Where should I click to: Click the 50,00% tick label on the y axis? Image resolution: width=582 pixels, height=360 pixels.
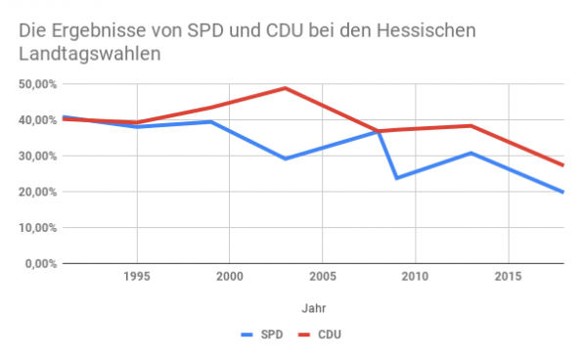(35, 84)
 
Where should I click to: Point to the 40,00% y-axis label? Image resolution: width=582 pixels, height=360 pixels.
(35, 120)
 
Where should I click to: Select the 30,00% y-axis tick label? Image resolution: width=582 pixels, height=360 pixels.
(35, 157)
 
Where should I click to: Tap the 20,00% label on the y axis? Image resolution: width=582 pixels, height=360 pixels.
(35, 192)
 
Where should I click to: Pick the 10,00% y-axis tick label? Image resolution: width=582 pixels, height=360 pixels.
(35, 228)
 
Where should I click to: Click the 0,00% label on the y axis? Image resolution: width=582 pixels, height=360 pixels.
(38, 263)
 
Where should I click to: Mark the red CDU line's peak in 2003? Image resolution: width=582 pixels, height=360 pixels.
(285, 88)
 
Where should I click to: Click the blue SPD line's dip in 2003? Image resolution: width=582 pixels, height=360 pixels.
(285, 158)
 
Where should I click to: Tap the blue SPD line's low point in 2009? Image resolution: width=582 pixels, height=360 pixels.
(396, 178)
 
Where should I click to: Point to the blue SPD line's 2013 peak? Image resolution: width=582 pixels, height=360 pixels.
(470, 153)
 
